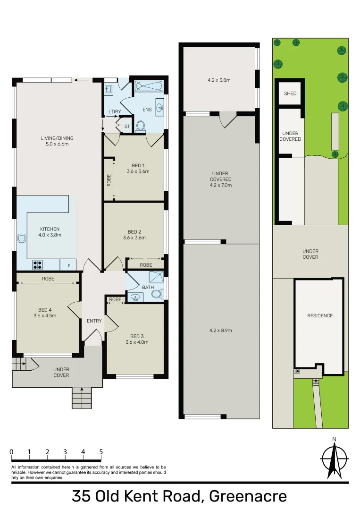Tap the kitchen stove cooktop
(38, 265)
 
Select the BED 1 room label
(138, 168)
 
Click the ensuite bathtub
(149, 86)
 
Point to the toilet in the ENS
(140, 126)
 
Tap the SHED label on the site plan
(290, 93)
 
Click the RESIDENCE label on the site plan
(320, 315)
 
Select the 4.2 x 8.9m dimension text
(221, 330)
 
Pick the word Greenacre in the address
(248, 496)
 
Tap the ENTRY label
(94, 321)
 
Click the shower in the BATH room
(156, 277)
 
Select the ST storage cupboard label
(126, 127)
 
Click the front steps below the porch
(82, 398)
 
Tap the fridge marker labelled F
(69, 266)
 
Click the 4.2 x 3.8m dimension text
(219, 80)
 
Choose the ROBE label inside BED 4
(48, 279)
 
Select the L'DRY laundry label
(115, 111)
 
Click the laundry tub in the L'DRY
(108, 88)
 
